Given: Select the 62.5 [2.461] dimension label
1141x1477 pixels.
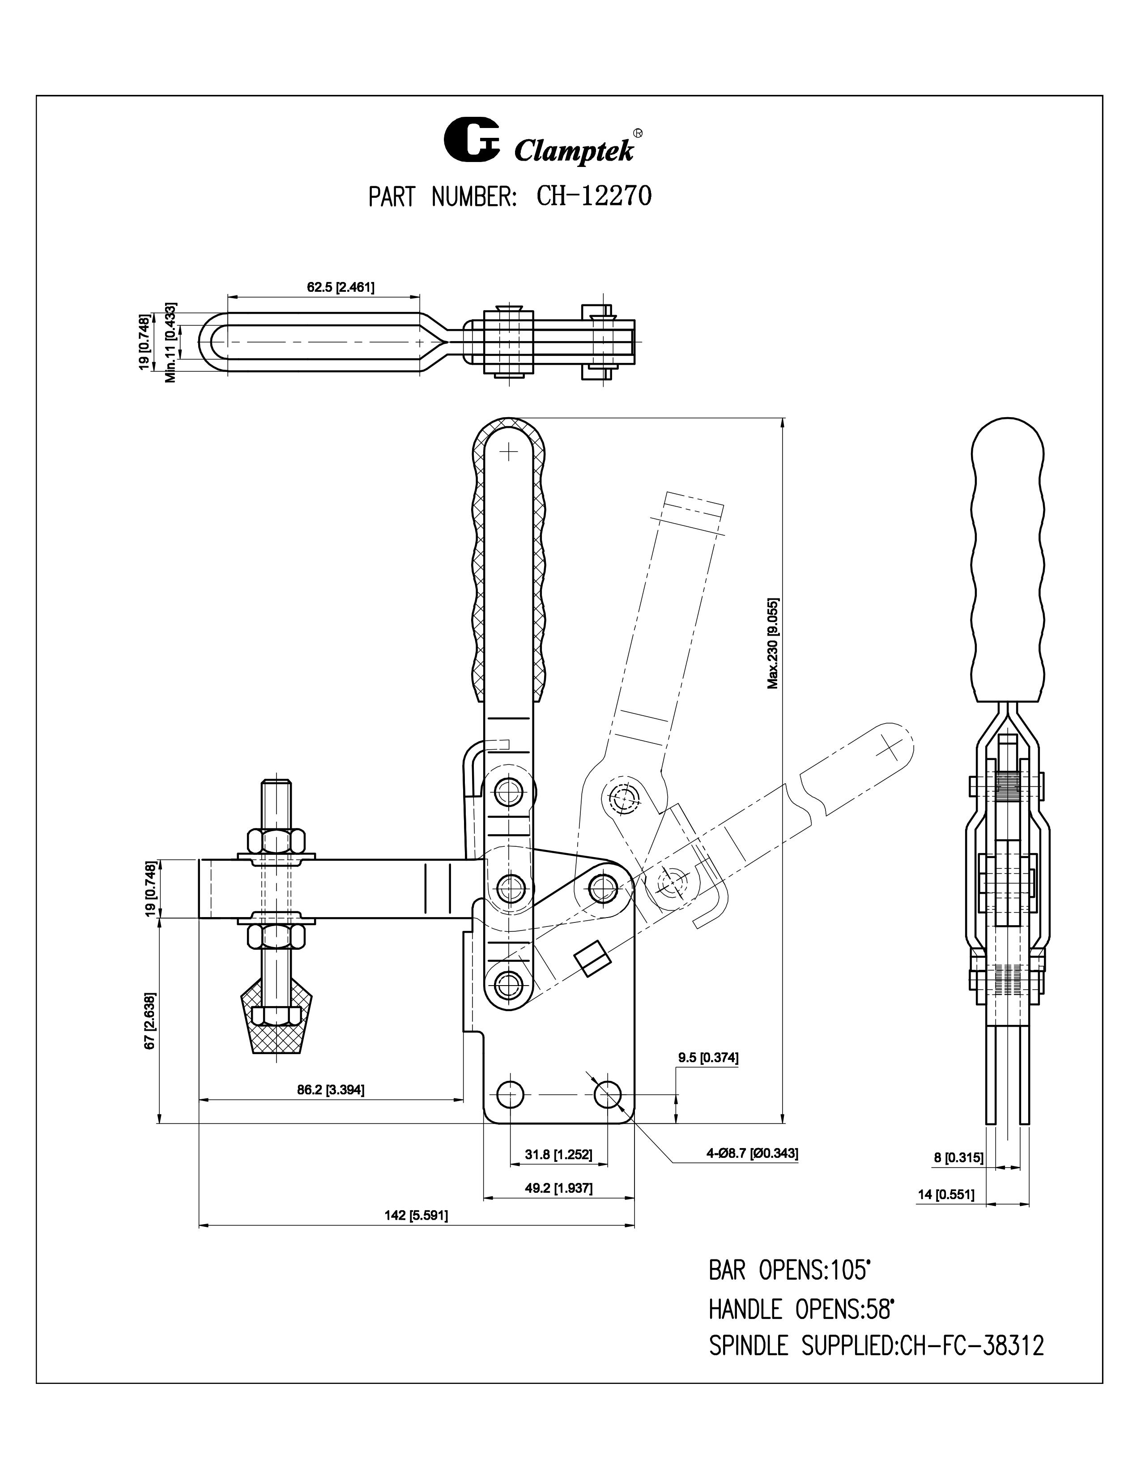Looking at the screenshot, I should (341, 287).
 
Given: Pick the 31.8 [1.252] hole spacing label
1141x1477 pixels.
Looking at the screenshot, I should (558, 1154).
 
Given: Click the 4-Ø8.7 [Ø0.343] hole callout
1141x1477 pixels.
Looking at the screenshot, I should (752, 1153).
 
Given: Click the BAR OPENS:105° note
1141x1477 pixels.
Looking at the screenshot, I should (788, 1270).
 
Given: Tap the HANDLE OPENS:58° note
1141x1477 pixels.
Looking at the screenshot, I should (801, 1309).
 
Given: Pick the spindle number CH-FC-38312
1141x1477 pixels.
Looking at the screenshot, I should (972, 1346).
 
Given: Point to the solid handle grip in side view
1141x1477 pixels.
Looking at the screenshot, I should (1006, 561).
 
